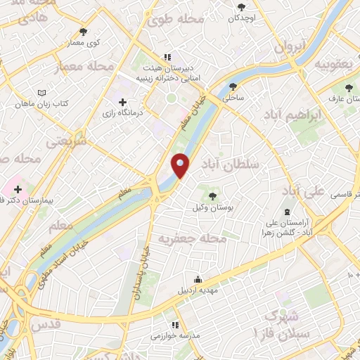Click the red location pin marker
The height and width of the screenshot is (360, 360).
(x=180, y=166)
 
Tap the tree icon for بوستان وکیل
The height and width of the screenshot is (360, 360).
(x=212, y=195)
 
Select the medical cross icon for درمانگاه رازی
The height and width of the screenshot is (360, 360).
(x=123, y=103)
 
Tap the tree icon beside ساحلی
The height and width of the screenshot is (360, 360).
(x=233, y=87)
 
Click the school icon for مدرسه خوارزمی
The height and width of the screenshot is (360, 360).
(x=174, y=325)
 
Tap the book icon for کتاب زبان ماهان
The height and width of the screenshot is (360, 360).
(x=41, y=93)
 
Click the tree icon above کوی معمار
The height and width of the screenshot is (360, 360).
(x=84, y=32)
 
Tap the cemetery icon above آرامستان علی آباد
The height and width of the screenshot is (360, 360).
(x=286, y=211)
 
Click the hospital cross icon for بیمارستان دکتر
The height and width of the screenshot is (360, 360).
(x=18, y=189)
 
